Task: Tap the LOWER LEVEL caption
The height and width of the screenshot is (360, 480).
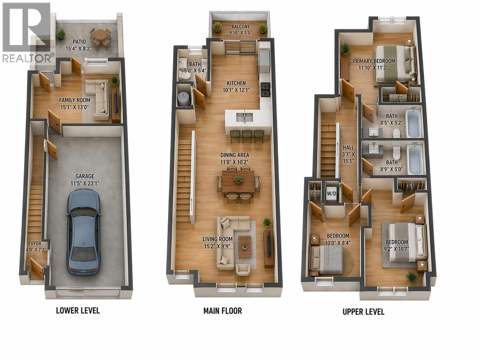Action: coord(78,311)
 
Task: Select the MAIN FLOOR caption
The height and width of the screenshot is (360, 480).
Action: coord(222,311)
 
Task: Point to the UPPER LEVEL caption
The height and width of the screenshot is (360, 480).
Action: coord(363,312)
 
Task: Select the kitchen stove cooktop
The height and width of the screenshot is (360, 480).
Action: coord(266,90)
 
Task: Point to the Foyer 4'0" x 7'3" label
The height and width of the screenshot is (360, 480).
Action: coord(34,246)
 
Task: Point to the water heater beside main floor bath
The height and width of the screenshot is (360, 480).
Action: coord(183,98)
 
